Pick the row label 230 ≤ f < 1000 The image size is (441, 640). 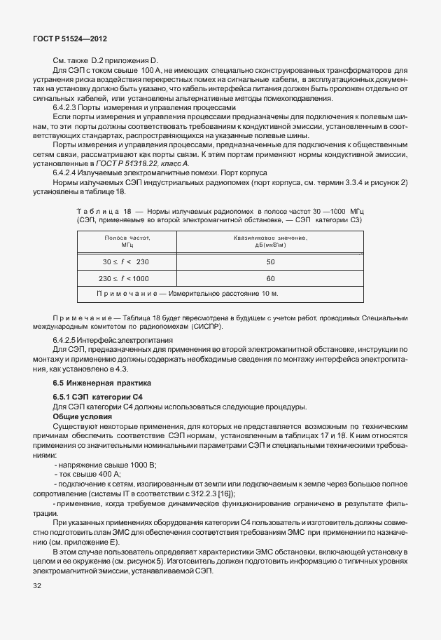[127, 278]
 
